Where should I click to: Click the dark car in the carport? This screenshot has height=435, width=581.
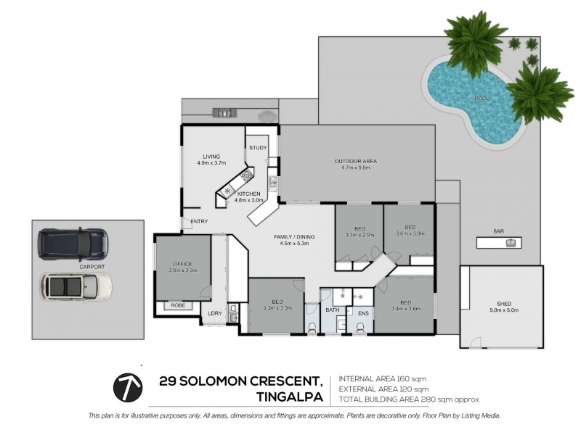pyautogui.click(x=73, y=244)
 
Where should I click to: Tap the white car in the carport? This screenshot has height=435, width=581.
pyautogui.click(x=76, y=287)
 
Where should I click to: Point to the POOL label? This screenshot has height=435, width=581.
pyautogui.click(x=482, y=98)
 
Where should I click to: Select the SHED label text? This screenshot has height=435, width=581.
pyautogui.click(x=504, y=304)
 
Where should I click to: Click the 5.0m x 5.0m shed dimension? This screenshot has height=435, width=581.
pyautogui.click(x=504, y=311)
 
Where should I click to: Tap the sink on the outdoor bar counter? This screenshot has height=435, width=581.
pyautogui.click(x=512, y=241)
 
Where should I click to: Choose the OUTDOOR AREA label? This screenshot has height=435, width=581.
pyautogui.click(x=355, y=161)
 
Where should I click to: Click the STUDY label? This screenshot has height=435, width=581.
pyautogui.click(x=258, y=148)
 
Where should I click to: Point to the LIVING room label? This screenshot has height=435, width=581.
pyautogui.click(x=211, y=156)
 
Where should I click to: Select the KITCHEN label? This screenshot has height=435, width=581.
pyautogui.click(x=248, y=194)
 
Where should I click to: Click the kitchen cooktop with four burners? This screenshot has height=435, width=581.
pyautogui.click(x=247, y=175)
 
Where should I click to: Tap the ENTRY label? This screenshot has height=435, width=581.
pyautogui.click(x=199, y=221)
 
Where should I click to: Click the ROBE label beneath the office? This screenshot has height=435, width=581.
pyautogui.click(x=178, y=305)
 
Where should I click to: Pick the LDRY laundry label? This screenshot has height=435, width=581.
pyautogui.click(x=214, y=313)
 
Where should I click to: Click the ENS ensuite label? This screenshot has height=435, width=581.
pyautogui.click(x=363, y=313)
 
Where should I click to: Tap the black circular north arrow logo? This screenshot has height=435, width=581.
pyautogui.click(x=127, y=387)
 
